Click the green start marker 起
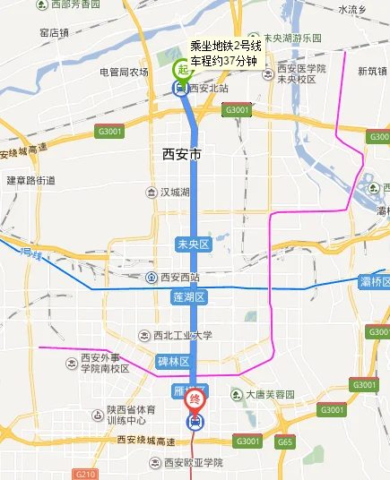[x=183, y=70]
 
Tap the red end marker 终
[x=194, y=402]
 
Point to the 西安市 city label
[x=177, y=153]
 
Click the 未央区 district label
[x=193, y=244]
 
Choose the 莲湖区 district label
[x=189, y=296]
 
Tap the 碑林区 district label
[x=174, y=361]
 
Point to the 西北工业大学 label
[x=182, y=336]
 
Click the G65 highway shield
[x=285, y=441]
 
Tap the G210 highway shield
[x=86, y=474]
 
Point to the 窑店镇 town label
[x=54, y=32]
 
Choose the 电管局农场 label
[x=124, y=72]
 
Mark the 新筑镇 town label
[x=371, y=72]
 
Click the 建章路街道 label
[x=30, y=180]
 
